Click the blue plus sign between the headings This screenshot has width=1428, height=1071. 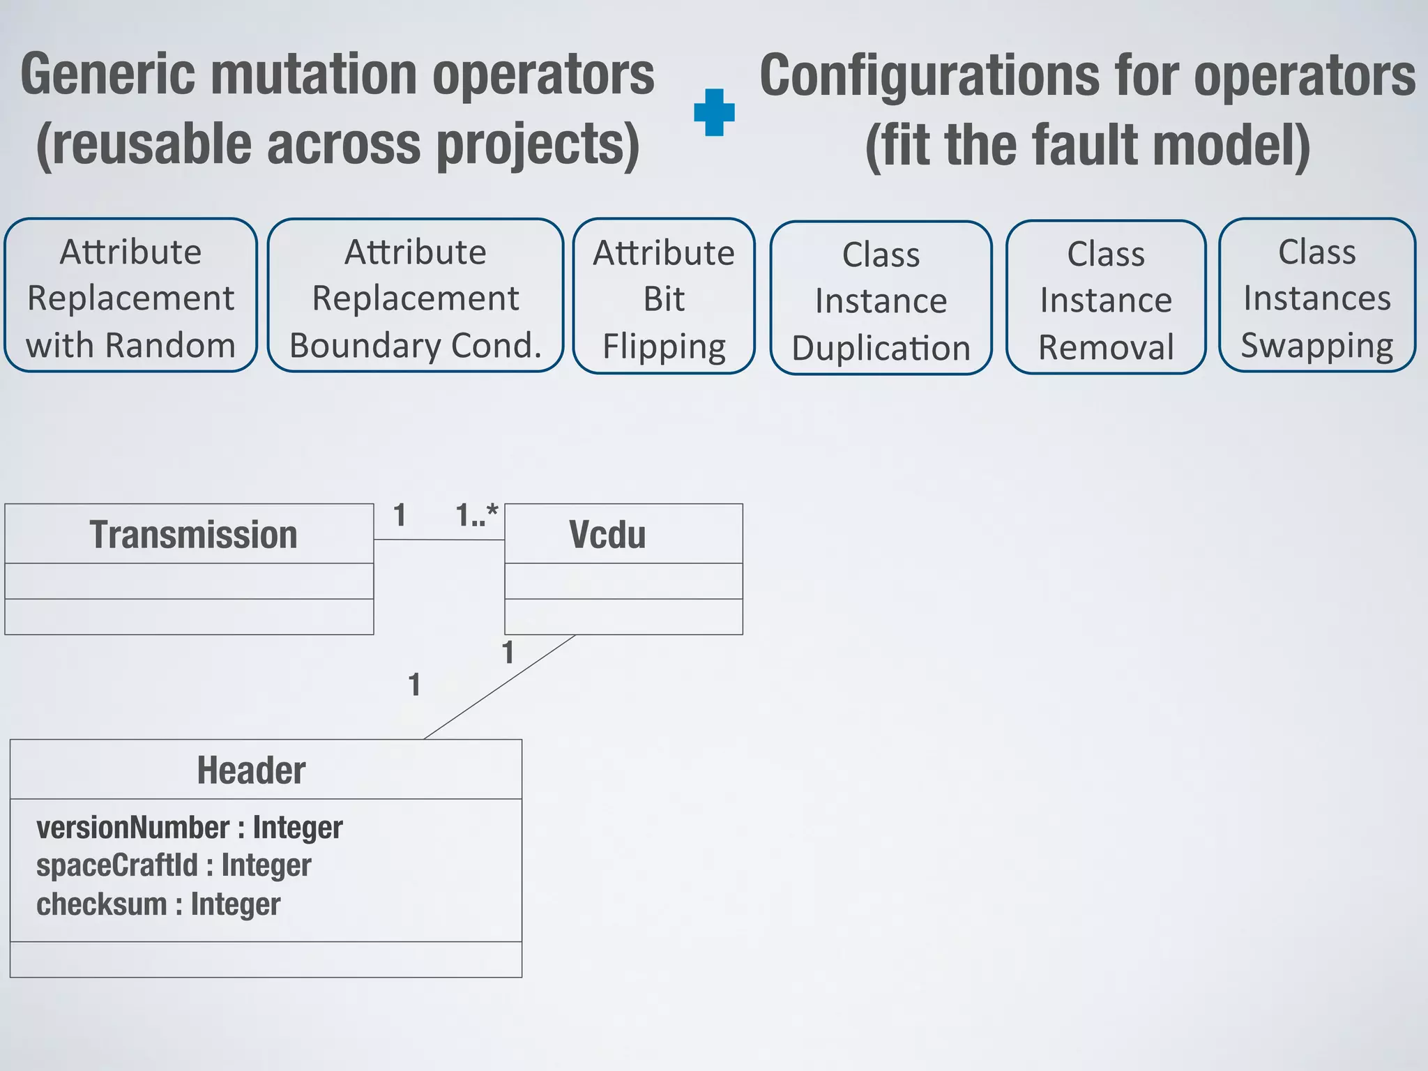coord(714,112)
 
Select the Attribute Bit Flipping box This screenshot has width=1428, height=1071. coord(664,297)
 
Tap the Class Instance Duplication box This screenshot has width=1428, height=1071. coord(881,299)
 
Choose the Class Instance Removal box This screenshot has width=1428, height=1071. coord(1106,298)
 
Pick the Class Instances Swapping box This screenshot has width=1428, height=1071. coord(1316,296)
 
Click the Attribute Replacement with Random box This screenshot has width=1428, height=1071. coord(130,296)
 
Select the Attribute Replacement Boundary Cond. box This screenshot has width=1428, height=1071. coord(415,296)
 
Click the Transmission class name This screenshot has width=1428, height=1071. coord(193,535)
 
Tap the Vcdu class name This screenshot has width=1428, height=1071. coord(607,535)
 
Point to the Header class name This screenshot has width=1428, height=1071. coord(251,770)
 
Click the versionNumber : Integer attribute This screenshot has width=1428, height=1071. coord(189,828)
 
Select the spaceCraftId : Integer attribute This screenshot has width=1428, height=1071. coord(174,865)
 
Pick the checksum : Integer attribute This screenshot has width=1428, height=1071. coord(158,904)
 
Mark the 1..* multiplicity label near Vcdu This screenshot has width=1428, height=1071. coord(477,515)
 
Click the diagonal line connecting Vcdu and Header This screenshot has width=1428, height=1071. coord(499,687)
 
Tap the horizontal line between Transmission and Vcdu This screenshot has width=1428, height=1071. coord(439,539)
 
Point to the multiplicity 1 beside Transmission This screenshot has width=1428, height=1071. coord(400,515)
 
